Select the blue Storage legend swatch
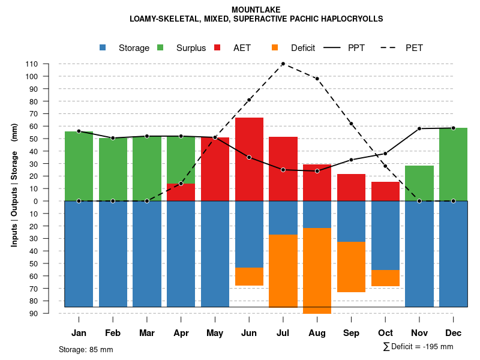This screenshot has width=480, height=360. [x=103, y=47]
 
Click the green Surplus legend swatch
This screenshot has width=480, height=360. [x=160, y=47]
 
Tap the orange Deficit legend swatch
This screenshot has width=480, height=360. [x=275, y=47]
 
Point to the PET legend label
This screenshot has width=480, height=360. [x=414, y=48]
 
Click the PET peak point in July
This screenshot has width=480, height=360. [x=283, y=64]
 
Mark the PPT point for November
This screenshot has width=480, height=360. [x=419, y=128]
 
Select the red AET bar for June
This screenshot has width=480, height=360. [x=249, y=159]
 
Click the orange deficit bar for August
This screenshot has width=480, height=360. [x=317, y=271]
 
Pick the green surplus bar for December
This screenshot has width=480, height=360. [x=453, y=164]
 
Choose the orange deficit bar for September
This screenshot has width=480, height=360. [x=351, y=267]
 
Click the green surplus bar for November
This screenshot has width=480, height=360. [x=419, y=183]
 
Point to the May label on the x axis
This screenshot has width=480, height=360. [x=215, y=333]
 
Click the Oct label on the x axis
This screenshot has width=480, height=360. [x=385, y=333]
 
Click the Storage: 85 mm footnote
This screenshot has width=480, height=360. [x=86, y=349]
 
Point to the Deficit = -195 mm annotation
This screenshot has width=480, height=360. [x=418, y=347]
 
